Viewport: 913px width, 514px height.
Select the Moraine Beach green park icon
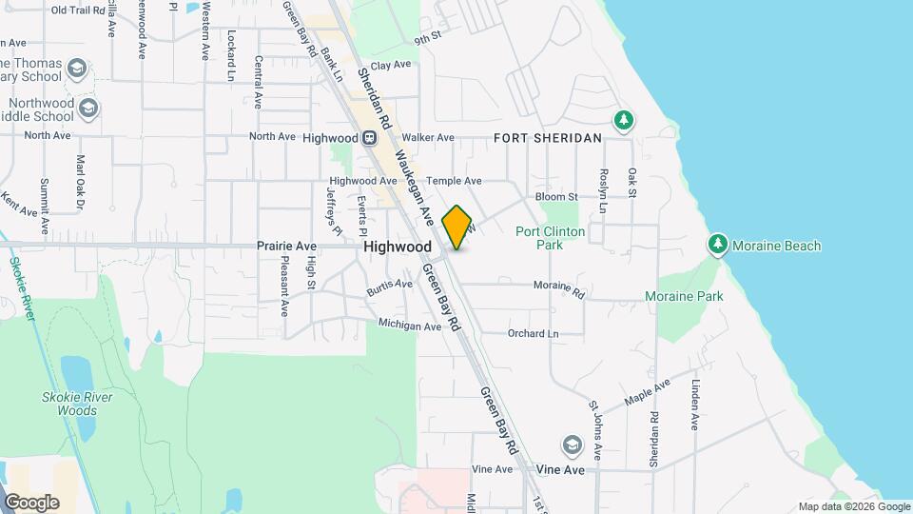coord(719,246)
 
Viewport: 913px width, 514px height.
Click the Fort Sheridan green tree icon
coord(624,121)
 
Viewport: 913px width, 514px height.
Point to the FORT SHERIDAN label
coord(548,138)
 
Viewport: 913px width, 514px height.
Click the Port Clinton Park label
coord(550,238)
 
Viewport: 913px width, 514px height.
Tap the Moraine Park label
coord(684,296)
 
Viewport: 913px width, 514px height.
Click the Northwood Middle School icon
coord(88,108)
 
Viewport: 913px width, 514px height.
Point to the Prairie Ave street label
coord(286,246)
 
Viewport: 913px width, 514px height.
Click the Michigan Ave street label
coord(410,326)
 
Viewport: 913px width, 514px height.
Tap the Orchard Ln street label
coord(533,333)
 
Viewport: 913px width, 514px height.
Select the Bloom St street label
coord(556,197)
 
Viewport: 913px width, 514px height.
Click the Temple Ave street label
coord(454,181)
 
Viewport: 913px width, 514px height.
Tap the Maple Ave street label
coord(647,391)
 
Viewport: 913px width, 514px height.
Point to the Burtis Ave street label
coord(390,284)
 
